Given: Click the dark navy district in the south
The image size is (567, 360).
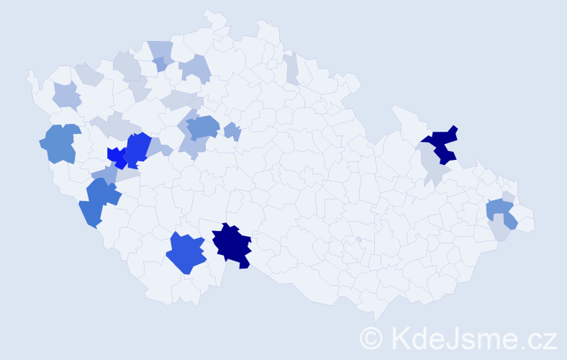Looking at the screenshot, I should tap(232, 245).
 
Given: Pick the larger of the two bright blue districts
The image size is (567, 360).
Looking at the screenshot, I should tap(137, 149).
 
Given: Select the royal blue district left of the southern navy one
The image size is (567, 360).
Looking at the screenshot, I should tap(186, 252).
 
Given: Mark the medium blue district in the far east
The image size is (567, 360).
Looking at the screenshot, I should tap(501, 212).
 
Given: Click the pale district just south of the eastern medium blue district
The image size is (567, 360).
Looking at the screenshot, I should tap(498, 230).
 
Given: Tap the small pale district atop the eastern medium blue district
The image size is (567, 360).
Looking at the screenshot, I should tap(508, 197).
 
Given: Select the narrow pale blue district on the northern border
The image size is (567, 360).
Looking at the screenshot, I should tap(291, 68).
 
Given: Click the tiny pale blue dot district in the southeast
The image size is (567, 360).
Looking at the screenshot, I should tap(358, 239).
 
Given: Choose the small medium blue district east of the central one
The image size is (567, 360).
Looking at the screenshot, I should tap(232, 131).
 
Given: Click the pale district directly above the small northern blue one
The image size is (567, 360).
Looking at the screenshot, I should tap(161, 50).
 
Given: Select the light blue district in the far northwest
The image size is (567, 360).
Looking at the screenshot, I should tap(66, 95).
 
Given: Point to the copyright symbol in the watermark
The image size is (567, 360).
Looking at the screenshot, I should tap(372, 338).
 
